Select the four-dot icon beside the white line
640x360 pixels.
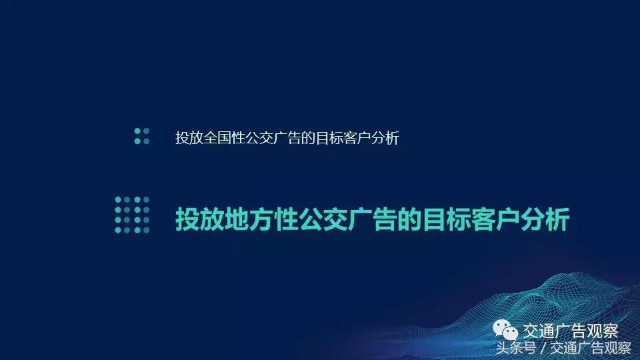141,136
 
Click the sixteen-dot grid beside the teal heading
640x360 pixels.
132,215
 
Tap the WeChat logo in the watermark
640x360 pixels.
505,331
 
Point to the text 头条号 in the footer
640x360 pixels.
516,348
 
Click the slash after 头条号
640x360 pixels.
543,348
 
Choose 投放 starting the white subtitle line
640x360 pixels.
187,138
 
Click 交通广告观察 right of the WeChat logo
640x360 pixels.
570,331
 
